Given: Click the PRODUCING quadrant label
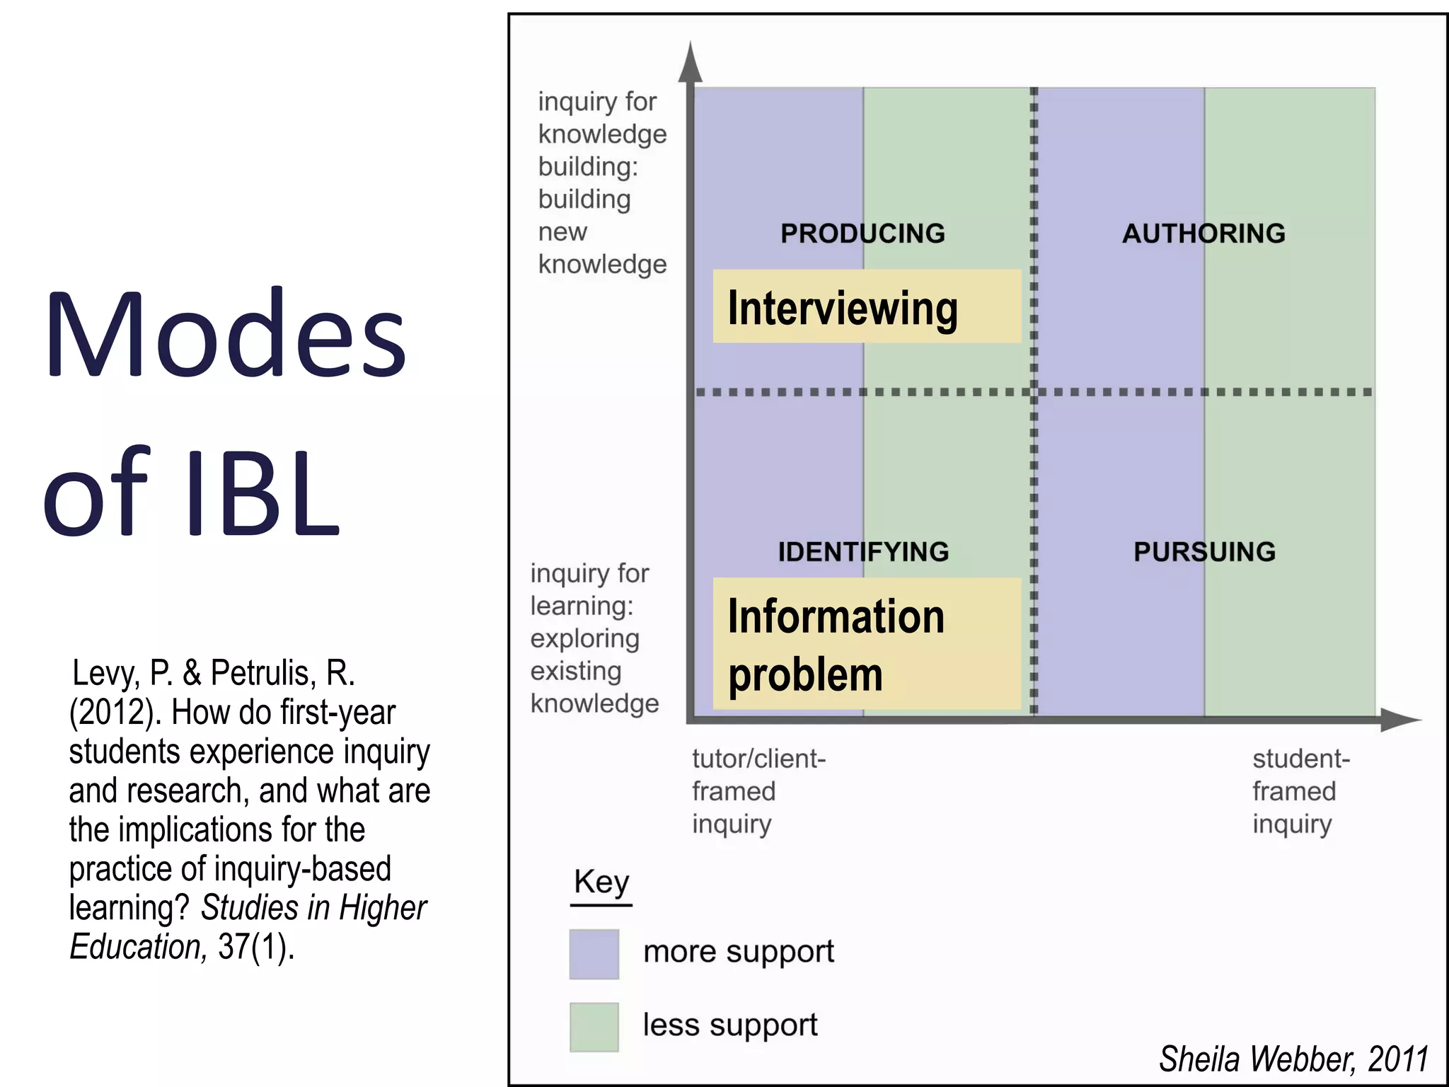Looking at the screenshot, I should [x=862, y=234].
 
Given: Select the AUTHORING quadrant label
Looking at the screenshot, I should [x=1203, y=234].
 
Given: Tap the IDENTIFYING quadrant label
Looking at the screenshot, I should [x=863, y=552].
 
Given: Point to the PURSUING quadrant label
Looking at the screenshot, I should [x=1204, y=552].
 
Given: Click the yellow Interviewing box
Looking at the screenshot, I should [x=867, y=307].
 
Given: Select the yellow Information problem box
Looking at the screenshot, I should [x=867, y=644].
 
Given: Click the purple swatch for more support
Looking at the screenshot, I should [x=594, y=954].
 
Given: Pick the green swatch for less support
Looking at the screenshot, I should [x=594, y=1027].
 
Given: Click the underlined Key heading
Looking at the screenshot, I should [x=601, y=883].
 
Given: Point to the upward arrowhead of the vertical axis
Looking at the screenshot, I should [x=690, y=62].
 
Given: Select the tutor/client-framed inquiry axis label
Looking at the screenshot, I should [x=758, y=791].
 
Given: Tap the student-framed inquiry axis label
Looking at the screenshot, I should [x=1300, y=791].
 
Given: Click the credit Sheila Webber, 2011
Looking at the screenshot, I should [x=1293, y=1059].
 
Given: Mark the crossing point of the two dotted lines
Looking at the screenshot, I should [x=1034, y=391].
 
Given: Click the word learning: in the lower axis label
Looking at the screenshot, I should [x=582, y=606].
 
